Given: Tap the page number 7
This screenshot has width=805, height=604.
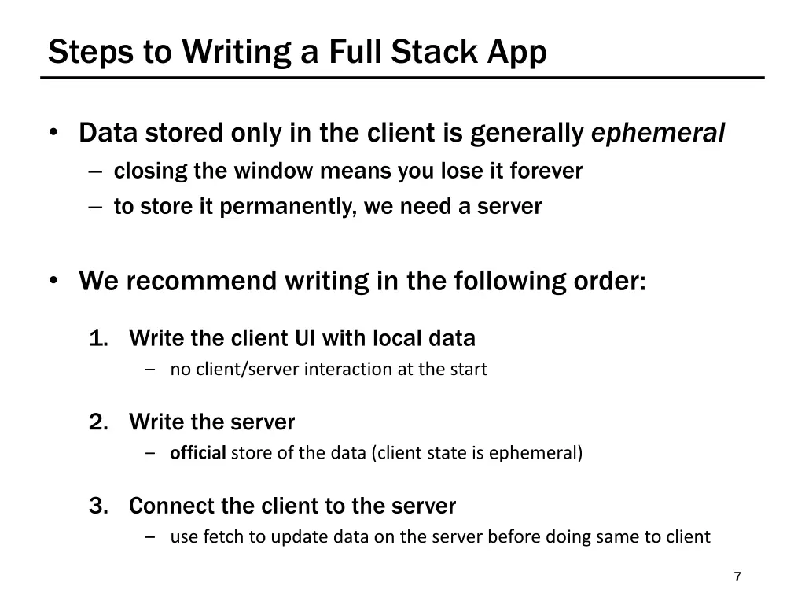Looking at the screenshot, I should point(737,577).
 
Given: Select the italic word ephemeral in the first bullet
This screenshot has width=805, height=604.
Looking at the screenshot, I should point(657,134).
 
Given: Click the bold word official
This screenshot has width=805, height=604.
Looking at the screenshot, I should point(198,453).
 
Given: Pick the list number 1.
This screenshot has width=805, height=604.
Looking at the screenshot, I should point(98,339).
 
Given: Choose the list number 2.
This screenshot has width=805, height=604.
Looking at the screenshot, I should point(98,422).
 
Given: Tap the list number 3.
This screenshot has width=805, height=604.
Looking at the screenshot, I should point(98,506).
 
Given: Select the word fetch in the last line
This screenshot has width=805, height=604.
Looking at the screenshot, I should point(221,537).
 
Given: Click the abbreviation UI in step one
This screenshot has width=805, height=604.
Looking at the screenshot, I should point(305,339).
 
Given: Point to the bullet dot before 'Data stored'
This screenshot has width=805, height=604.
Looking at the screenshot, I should point(53,134).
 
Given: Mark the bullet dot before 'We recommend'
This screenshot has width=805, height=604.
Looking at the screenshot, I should point(53,281).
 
